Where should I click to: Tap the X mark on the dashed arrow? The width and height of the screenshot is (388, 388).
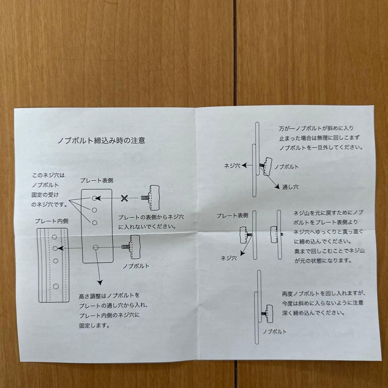coord(125,198)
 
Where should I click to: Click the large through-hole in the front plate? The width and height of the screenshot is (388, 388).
coord(96,247)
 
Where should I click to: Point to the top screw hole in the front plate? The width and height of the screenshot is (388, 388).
coord(94,198)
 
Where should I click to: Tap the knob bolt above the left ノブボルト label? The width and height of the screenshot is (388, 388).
coord(134,247)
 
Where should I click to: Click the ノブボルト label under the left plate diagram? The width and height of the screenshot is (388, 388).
coord(136,266)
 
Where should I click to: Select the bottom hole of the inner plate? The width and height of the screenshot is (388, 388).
coord(56,286)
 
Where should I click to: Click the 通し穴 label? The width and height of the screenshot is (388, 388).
coord(290,187)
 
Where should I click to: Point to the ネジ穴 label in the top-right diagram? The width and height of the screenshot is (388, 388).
coord(232,166)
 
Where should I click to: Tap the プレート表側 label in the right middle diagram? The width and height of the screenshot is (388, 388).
coord(232,216)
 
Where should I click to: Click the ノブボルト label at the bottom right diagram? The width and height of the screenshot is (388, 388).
coord(274,332)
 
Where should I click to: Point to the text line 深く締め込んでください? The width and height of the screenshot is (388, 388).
coord(314,313)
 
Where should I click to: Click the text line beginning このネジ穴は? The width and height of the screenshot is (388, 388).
coord(48,176)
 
